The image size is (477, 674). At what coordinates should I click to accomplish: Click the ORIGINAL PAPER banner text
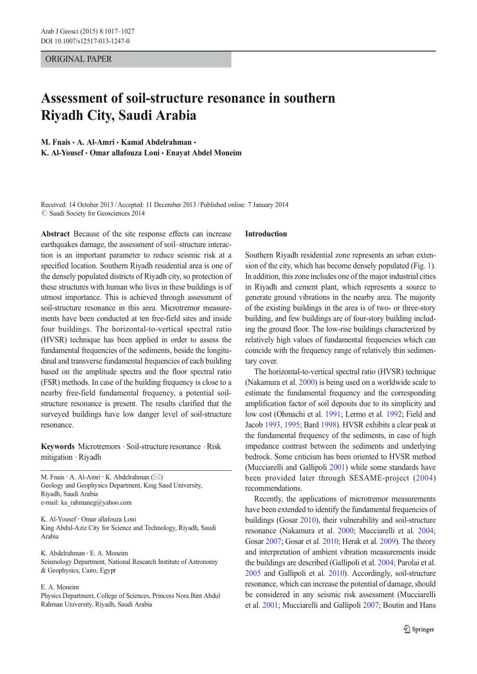pyautogui.click(x=78, y=59)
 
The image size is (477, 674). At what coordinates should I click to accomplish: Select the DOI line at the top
pyautogui.click(x=85, y=41)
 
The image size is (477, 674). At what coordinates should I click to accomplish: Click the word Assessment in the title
pyautogui.click(x=75, y=98)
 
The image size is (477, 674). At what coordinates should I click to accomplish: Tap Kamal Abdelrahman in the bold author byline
pyautogui.click(x=156, y=142)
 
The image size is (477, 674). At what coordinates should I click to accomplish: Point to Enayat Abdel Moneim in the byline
pyautogui.click(x=204, y=153)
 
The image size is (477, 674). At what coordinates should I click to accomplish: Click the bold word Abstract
pyautogui.click(x=55, y=234)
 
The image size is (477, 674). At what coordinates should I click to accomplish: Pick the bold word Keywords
pyautogui.click(x=58, y=446)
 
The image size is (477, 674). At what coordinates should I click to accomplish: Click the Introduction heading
pyautogui.click(x=266, y=234)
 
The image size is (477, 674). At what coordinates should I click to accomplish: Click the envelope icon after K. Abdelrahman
pyautogui.click(x=157, y=477)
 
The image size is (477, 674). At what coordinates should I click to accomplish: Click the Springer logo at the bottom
pyautogui.click(x=419, y=629)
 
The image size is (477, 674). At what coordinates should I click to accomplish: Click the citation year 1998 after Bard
pyautogui.click(x=328, y=425)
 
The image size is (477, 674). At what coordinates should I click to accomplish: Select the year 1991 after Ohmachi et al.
pyautogui.click(x=333, y=414)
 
